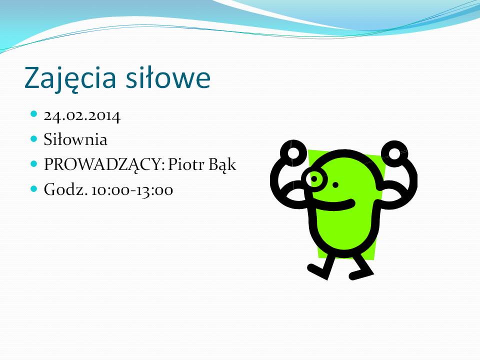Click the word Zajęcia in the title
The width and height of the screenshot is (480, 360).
tap(70, 78)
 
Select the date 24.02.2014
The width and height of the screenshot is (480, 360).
tap(82, 116)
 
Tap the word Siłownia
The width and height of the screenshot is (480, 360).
tap(75, 139)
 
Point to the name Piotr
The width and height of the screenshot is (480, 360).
tap(186, 164)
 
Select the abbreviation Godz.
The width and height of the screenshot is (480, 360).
tap(65, 189)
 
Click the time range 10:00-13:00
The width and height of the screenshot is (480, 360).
tap(132, 190)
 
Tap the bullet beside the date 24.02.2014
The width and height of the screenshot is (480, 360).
tap(34, 114)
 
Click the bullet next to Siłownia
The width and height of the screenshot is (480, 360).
tap(34, 139)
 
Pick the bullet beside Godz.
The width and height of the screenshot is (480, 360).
tap(34, 188)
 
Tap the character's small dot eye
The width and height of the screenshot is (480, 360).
tap(335, 184)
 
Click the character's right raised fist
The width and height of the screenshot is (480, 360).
tap(394, 153)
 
